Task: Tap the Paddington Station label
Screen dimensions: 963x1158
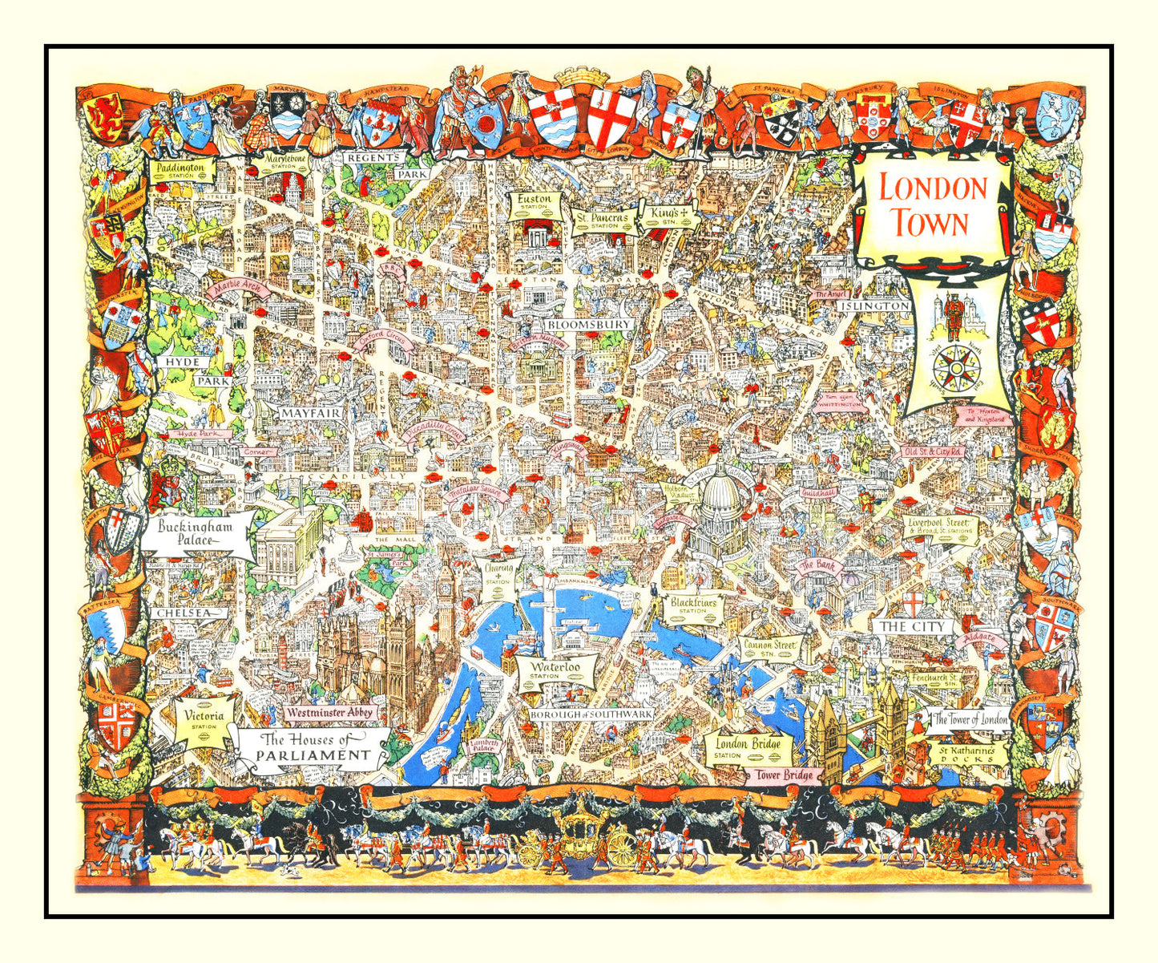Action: coord(181,169)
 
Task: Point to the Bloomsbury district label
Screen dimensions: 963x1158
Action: coord(590,325)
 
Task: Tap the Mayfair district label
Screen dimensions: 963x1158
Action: coord(309,413)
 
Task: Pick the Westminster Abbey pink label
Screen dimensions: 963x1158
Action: coord(330,711)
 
